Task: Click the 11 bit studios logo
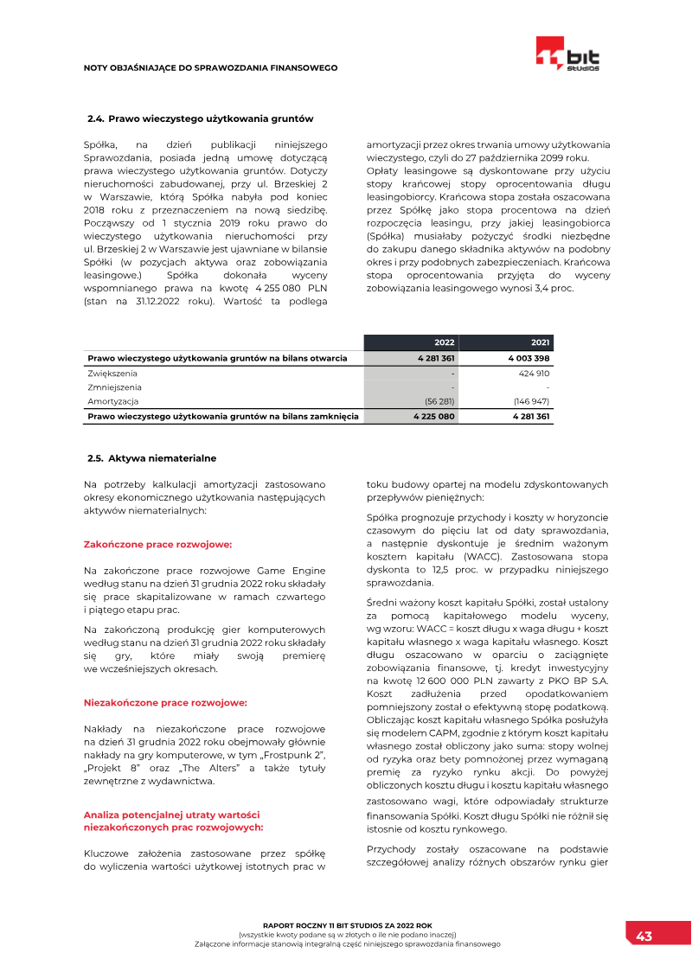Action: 567,54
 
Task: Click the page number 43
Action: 644,936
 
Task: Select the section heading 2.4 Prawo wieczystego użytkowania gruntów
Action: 201,118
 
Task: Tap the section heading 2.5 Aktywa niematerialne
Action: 152,457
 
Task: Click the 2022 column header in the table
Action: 443,342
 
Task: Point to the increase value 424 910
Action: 532,374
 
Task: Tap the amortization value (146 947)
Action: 531,401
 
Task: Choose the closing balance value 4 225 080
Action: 434,416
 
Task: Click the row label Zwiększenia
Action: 112,374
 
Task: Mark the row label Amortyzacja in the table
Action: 112,401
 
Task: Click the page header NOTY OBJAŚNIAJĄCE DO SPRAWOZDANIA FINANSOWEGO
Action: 210,67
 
